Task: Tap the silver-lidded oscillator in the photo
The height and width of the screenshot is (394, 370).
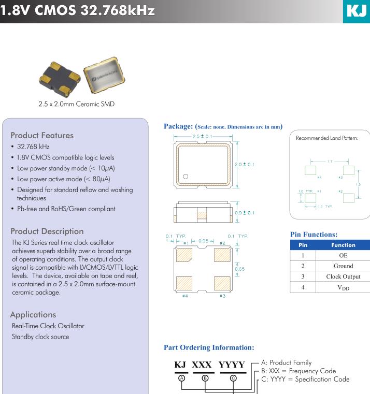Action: [105, 76]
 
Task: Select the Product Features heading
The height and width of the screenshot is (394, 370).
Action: [42, 135]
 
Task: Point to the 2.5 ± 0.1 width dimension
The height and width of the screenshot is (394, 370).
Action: [202, 136]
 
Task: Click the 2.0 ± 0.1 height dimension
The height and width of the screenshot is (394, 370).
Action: [247, 165]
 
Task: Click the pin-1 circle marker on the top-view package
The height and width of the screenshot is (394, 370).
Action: [186, 176]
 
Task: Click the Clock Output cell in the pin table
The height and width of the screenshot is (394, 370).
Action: [343, 276]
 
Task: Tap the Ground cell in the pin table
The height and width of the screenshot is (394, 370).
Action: [343, 266]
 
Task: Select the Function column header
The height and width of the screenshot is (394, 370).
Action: [343, 245]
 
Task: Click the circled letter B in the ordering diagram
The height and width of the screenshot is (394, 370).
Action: [205, 378]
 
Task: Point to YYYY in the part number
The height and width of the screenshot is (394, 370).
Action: [234, 366]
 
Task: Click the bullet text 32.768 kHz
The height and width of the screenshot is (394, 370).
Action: [33, 147]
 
